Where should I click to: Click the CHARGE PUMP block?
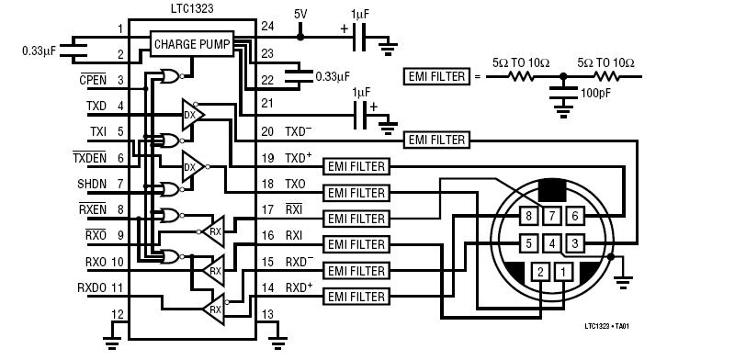[192, 44]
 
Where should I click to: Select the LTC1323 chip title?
[191, 8]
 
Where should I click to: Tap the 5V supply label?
[300, 14]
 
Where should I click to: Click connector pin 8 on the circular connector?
[529, 216]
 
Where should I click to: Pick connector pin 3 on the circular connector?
[575, 243]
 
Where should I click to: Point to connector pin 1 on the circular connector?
[563, 272]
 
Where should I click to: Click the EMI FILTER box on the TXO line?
[356, 193]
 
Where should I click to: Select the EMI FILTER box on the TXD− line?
[437, 140]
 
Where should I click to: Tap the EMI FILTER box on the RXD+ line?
[356, 297]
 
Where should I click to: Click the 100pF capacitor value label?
[595, 93]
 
